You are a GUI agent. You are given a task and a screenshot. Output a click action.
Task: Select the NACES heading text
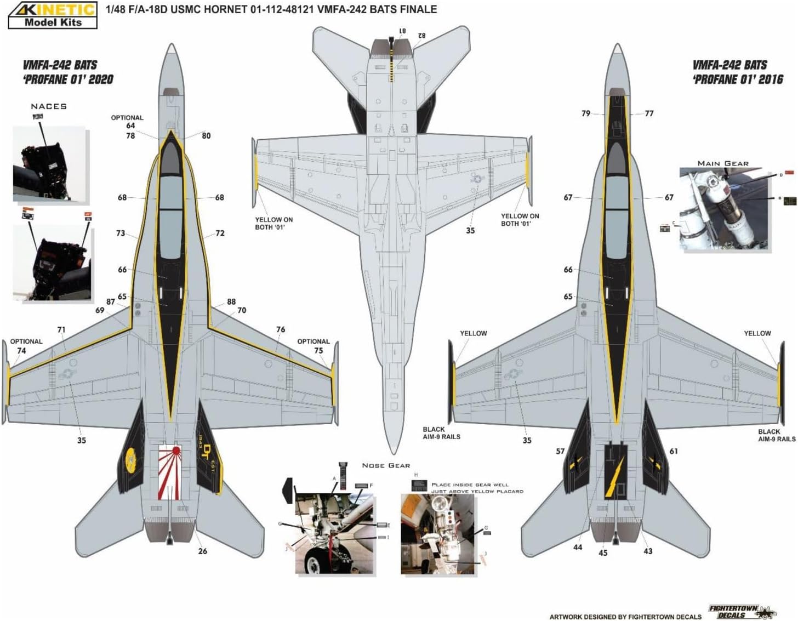click(x=49, y=106)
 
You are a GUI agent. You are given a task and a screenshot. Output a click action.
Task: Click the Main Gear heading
click(x=723, y=163)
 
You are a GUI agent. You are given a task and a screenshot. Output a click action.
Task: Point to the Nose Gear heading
click(x=386, y=465)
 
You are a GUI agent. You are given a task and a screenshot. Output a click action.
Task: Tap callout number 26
click(x=202, y=551)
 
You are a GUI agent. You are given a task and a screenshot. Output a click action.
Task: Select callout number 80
click(x=206, y=136)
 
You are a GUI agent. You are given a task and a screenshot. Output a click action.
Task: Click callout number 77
click(x=649, y=113)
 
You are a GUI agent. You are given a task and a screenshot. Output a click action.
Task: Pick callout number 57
click(x=560, y=452)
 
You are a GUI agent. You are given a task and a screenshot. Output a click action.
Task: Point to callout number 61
click(x=674, y=451)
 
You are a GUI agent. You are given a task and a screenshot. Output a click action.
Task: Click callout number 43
click(x=648, y=551)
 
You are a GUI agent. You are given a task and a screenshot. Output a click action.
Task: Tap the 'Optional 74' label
click(x=24, y=346)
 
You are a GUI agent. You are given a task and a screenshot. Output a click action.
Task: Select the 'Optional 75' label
click(x=314, y=346)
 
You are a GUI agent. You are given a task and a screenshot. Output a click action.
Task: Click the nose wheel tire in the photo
click(x=311, y=559)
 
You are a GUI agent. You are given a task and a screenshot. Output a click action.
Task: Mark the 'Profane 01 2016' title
click(x=738, y=72)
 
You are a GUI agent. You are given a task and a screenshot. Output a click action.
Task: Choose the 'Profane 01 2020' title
click(x=68, y=72)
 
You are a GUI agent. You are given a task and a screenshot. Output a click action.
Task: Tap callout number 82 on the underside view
click(x=421, y=36)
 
